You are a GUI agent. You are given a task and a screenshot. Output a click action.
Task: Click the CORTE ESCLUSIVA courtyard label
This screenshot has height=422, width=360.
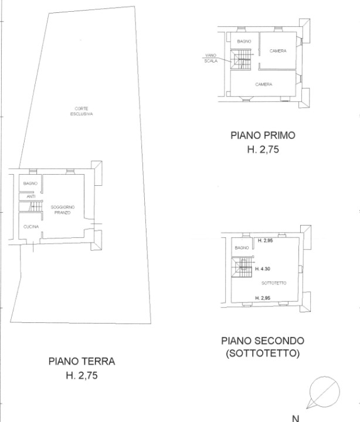pos(81,111)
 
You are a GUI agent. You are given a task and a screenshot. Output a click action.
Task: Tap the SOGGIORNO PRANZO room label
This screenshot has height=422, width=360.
pos(63,210)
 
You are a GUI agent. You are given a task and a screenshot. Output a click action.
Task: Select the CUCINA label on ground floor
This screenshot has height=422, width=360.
pos(31,227)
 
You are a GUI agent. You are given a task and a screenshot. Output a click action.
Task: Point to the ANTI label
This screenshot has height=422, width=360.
pos(31,196)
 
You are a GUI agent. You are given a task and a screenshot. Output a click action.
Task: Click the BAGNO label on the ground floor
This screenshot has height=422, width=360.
pos(30,183)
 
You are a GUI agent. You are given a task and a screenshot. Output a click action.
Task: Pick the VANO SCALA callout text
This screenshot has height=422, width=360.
pos(211,58)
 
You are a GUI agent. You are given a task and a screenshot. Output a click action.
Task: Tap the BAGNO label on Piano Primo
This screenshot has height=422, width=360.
pos(244,41)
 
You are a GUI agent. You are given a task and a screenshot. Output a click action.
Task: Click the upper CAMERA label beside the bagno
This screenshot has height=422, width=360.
pos(278,50)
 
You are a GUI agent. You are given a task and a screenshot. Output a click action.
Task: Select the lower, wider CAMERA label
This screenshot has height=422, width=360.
pos(264,84)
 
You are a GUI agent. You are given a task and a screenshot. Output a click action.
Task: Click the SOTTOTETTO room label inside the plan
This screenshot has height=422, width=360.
pos(274,283)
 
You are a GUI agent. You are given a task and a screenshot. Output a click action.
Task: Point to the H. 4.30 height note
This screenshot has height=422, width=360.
pos(263,268)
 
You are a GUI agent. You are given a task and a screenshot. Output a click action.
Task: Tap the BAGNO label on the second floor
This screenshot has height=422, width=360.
pos(242,247)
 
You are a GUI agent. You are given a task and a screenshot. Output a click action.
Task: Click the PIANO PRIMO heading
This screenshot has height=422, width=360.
pos(263,135)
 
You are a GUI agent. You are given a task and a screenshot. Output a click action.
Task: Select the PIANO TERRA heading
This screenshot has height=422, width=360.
pos(81,361)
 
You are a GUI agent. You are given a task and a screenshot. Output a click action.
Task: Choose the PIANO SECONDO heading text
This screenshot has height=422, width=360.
pos(263,341)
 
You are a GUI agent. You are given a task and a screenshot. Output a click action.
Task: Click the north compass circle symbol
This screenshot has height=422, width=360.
pos(324,392)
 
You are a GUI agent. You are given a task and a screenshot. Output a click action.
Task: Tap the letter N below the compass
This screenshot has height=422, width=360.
pos(296,418)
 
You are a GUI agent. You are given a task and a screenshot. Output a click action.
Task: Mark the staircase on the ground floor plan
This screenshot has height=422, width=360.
pos(35,207)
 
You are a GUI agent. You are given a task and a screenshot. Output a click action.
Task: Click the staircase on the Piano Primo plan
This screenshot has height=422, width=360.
pos(241,59)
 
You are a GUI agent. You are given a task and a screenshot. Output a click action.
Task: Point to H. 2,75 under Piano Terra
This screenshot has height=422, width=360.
pos(81,375)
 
